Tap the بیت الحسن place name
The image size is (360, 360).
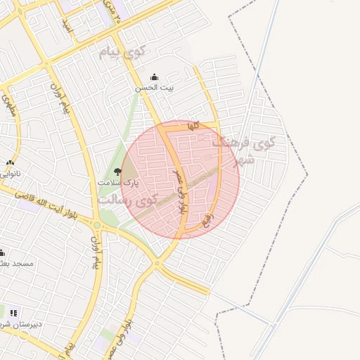(x=155, y=89)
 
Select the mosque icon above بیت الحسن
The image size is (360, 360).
(x=155, y=77)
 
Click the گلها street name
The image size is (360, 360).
(x=194, y=126)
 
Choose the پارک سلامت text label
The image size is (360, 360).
(x=118, y=183)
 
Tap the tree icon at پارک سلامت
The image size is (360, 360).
(x=117, y=172)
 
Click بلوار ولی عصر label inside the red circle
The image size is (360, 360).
(x=179, y=191)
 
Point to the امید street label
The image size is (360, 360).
(x=67, y=25)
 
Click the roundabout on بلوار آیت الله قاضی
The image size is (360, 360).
(x=156, y=264)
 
